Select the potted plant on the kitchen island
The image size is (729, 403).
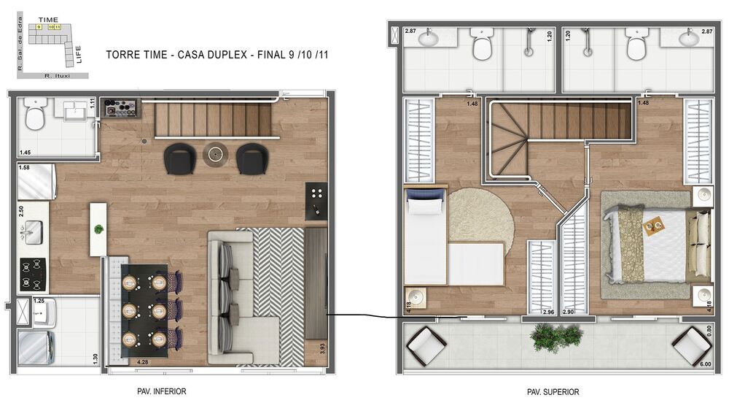98,229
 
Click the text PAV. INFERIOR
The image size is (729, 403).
161,391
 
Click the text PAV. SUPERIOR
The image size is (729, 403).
553,392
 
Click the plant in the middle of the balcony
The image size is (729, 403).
558,337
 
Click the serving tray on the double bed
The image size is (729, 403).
653,227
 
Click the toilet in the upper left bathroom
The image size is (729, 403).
482,45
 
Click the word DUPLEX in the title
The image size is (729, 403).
227,55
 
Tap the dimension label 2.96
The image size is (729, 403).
548,312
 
